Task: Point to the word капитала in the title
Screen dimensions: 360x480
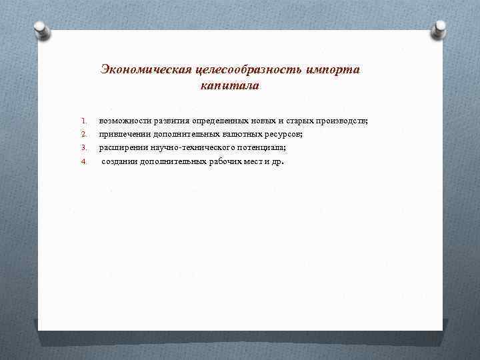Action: click(x=229, y=86)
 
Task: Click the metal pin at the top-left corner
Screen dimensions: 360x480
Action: click(x=40, y=29)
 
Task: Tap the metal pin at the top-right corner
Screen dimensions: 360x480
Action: click(x=441, y=29)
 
